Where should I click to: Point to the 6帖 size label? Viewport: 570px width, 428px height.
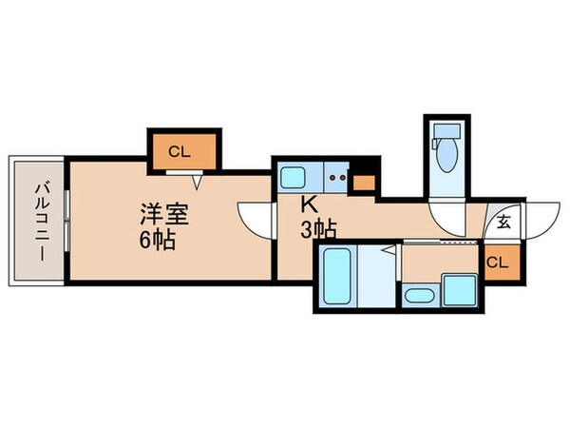(x=155, y=241)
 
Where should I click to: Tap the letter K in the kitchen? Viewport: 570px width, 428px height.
(x=308, y=203)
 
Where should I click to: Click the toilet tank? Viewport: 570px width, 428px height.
(x=445, y=130)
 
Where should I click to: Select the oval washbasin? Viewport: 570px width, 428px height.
(x=417, y=294)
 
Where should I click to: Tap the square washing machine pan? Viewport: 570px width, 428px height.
(x=458, y=287)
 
